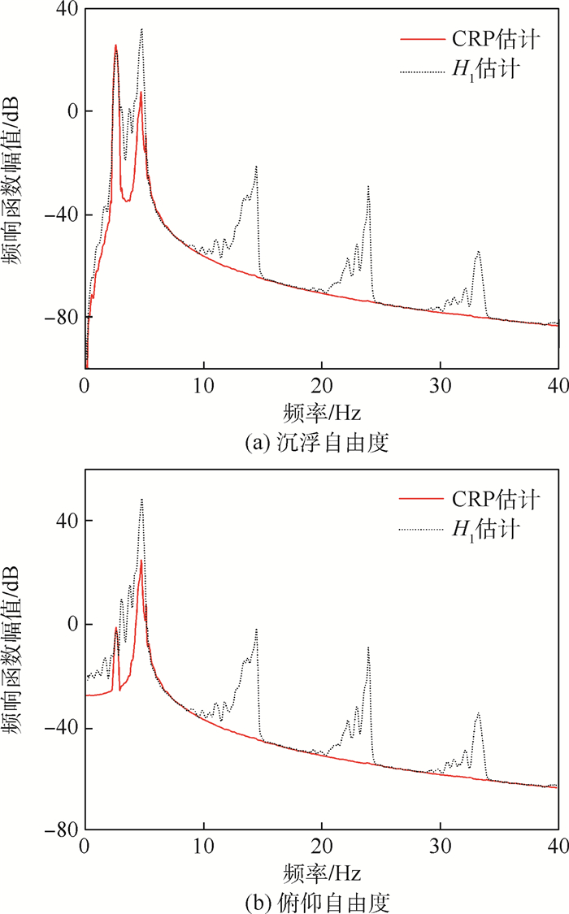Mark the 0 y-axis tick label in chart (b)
pos(72,624)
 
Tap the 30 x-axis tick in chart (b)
pos(441,845)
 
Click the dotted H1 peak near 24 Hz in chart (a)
pos(368,186)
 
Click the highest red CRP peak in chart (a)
pos(116,45)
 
